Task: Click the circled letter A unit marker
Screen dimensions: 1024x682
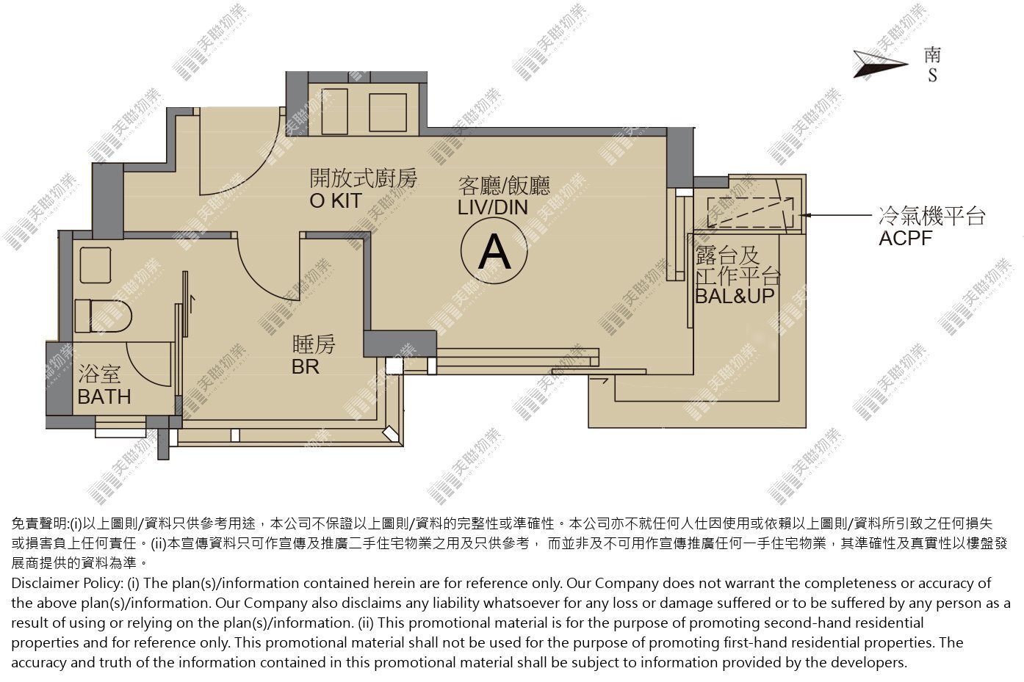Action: tap(494, 251)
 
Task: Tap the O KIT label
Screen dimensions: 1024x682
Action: tap(336, 201)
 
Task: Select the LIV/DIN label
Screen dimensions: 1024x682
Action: tap(493, 208)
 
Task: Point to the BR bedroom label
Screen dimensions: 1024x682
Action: tap(306, 367)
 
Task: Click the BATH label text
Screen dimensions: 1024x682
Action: tap(104, 396)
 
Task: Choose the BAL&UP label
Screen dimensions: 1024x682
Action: tap(735, 296)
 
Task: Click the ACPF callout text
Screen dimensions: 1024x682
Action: tap(905, 239)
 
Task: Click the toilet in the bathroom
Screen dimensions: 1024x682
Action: tap(103, 316)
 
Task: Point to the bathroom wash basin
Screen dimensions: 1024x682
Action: tap(95, 265)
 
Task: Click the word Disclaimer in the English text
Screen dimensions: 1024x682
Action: tap(44, 584)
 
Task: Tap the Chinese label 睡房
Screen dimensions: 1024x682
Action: tap(314, 344)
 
